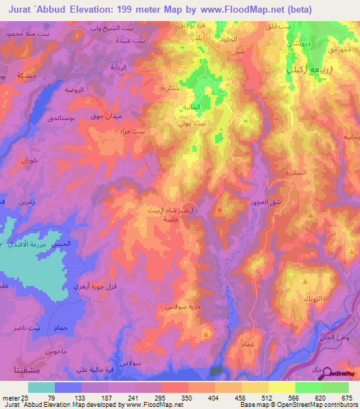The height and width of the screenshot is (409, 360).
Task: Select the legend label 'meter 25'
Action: [x=14, y=398]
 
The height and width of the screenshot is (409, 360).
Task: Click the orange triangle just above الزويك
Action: [x=304, y=281]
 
